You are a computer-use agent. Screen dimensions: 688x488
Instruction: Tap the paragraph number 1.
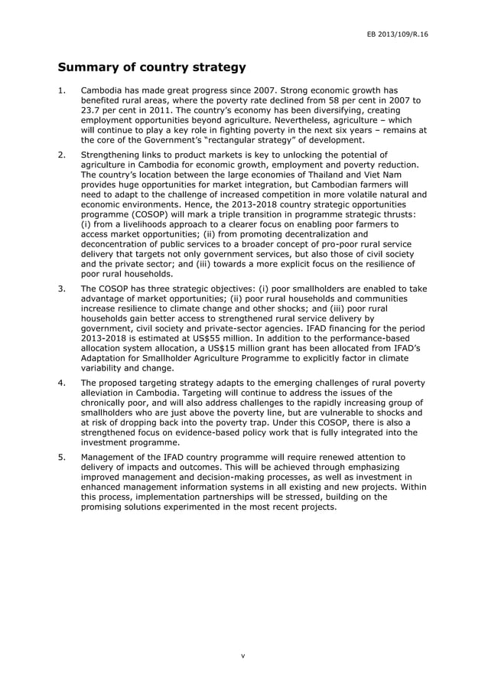[x=63, y=91]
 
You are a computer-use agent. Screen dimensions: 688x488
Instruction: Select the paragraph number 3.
[x=63, y=289]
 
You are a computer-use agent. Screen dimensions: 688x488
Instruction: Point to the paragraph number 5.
[x=63, y=457]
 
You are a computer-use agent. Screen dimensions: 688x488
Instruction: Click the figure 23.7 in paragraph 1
[x=94, y=111]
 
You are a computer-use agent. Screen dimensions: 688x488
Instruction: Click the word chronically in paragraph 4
[x=110, y=403]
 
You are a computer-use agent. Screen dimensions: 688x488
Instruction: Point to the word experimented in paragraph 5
[x=207, y=507]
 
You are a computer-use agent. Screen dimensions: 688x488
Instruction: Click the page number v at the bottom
[x=243, y=656]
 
